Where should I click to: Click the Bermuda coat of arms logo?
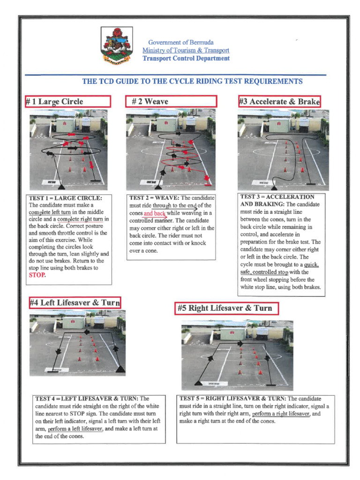coord(117,46)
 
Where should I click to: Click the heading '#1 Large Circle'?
coord(68,101)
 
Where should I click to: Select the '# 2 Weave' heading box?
coord(172,101)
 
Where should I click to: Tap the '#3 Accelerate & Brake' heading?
coord(279,101)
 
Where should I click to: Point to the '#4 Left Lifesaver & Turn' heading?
coord(75,302)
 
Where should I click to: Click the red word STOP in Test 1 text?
coord(37,275)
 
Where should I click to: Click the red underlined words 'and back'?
coord(155,213)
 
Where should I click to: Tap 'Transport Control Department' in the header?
coord(186,59)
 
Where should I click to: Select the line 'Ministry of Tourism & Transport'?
coord(186,50)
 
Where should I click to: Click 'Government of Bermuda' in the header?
coord(181,42)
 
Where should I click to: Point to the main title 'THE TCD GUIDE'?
coord(192,81)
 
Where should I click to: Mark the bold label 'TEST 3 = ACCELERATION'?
coord(277,197)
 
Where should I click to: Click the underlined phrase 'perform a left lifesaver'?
coord(75,428)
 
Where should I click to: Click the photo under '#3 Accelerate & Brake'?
coord(283,150)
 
